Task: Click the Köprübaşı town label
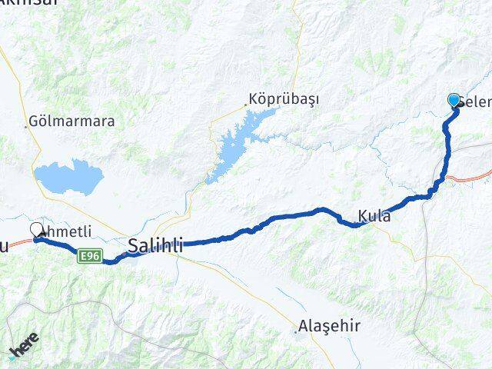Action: [x=284, y=100]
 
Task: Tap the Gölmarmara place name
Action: [x=72, y=121]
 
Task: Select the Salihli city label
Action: [x=156, y=247]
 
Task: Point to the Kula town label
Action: [x=374, y=217]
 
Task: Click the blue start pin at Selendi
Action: [x=454, y=100]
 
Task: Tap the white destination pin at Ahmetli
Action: [x=36, y=229]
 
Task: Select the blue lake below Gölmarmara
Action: [x=69, y=178]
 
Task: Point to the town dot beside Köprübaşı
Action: [x=247, y=103]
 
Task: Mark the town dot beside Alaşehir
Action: [x=297, y=331]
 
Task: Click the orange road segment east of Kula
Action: [x=469, y=178]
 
